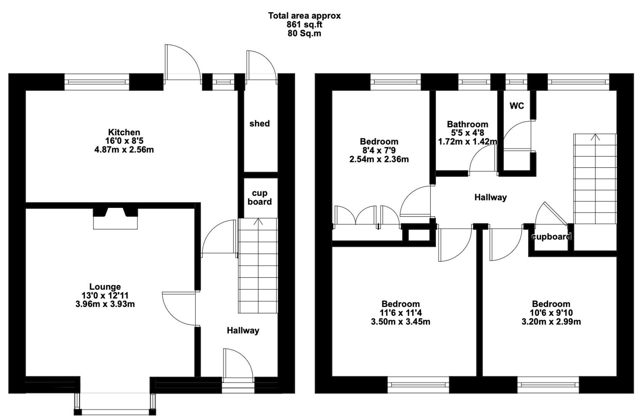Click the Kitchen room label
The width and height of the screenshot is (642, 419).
124,132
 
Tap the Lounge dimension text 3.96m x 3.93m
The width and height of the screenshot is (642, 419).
105,304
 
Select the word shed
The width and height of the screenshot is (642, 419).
259,124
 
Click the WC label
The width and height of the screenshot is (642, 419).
516,106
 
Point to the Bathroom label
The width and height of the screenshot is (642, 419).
467,124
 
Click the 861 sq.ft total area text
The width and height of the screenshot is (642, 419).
304,24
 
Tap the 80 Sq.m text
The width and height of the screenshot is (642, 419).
304,33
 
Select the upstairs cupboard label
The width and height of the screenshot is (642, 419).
551,237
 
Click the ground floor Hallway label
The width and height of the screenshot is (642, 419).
243,330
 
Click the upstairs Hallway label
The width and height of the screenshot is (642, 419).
490,197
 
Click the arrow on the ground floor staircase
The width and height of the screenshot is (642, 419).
258,221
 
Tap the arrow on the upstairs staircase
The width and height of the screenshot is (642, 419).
595,137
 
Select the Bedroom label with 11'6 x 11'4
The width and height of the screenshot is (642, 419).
400,304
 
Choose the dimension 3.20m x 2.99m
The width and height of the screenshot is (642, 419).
551,322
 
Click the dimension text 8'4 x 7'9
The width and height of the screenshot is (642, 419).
379,150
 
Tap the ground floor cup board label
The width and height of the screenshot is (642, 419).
259,197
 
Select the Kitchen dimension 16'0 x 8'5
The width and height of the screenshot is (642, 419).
124,141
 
